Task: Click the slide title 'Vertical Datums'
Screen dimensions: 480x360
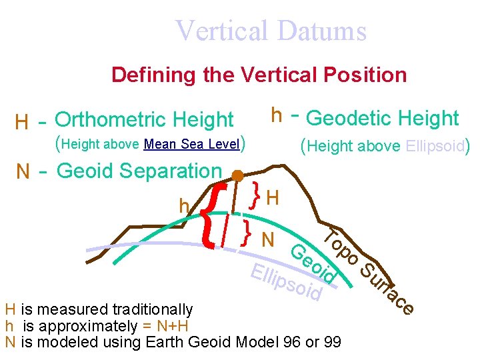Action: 271,31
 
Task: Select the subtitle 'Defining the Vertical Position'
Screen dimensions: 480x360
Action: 259,75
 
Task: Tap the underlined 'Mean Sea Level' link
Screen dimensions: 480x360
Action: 191,144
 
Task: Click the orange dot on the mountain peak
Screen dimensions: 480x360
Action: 237,176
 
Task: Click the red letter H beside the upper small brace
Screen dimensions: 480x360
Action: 272,197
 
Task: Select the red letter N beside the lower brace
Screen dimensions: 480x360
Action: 269,238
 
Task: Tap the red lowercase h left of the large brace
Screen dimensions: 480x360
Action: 184,207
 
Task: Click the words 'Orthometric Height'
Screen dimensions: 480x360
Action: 144,120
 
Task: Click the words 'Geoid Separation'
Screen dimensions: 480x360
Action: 139,171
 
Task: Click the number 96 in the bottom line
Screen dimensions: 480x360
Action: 291,342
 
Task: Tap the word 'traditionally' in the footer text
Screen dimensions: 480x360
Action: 153,309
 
